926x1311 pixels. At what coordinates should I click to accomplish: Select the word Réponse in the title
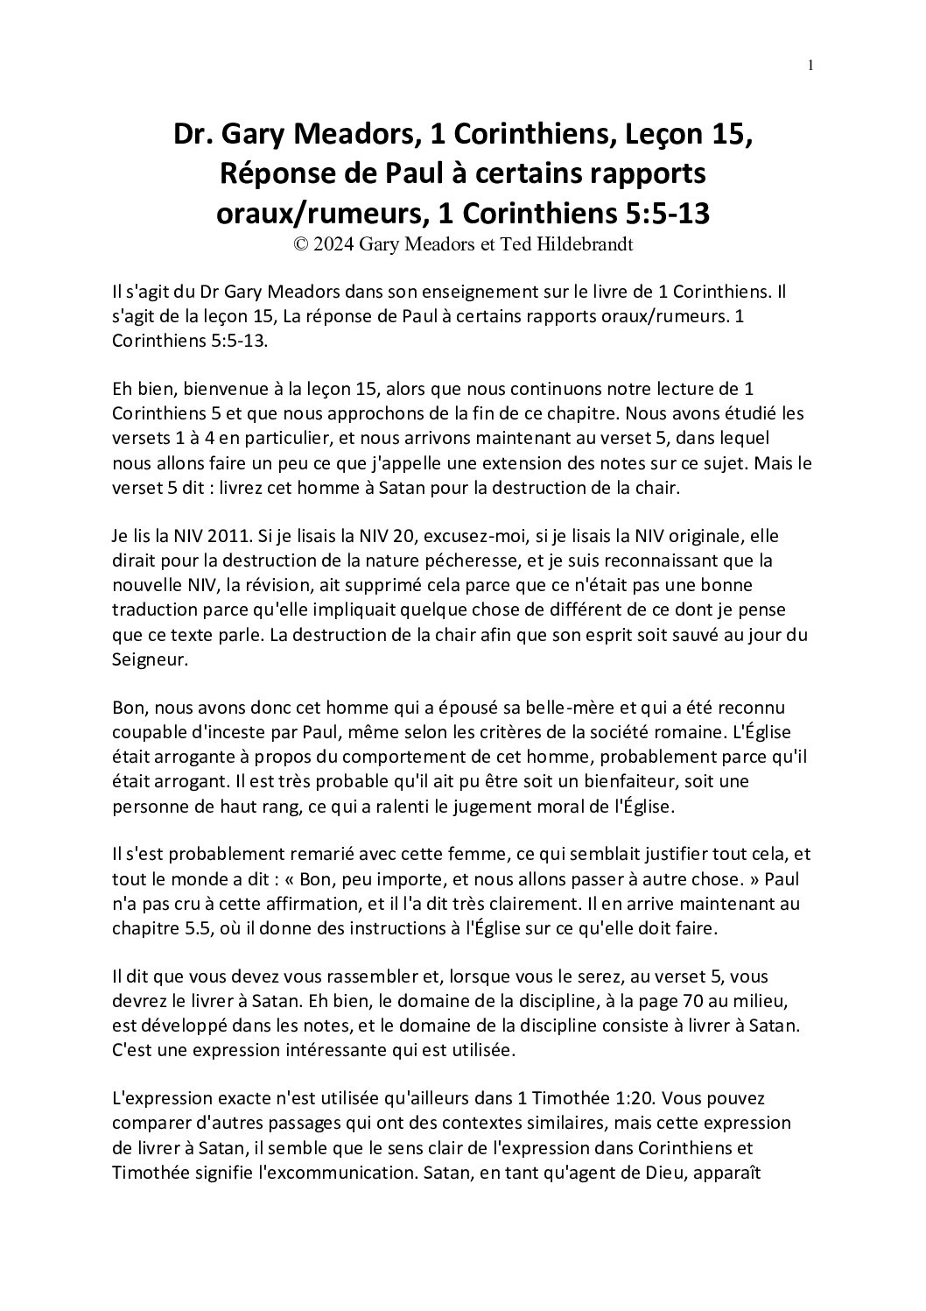click(270, 173)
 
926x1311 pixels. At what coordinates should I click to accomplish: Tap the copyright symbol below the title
click(301, 245)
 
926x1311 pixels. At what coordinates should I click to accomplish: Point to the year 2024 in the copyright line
click(334, 245)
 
